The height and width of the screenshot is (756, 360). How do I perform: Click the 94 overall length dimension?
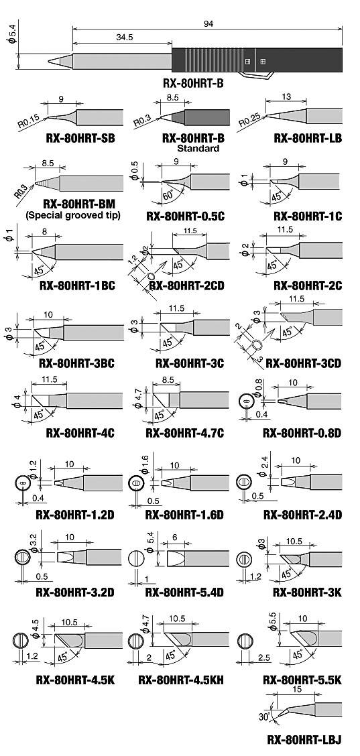click(x=208, y=23)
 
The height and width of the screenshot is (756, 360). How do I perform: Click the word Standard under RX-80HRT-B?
click(x=197, y=149)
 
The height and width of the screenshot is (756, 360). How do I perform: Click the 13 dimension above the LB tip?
click(x=286, y=97)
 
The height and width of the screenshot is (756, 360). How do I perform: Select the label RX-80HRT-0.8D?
click(x=302, y=433)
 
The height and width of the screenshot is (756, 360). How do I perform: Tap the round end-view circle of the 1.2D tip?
click(x=21, y=483)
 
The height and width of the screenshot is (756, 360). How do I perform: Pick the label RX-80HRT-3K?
click(x=308, y=592)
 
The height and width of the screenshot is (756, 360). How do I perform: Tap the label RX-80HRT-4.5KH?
click(x=181, y=680)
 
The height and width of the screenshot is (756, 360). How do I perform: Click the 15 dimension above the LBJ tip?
click(x=297, y=690)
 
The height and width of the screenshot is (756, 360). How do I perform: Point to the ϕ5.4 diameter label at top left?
click(x=13, y=34)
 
